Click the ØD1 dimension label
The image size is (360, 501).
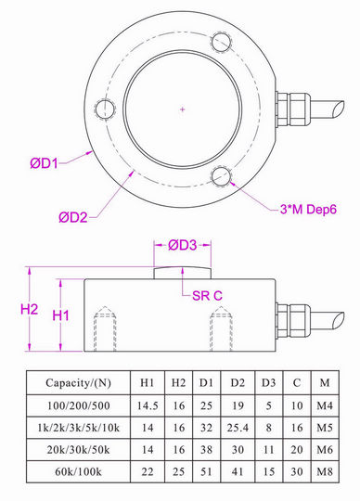point(44,162)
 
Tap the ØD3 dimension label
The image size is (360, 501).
point(183,246)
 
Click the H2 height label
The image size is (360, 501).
point(30,308)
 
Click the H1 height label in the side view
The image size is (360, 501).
point(62,315)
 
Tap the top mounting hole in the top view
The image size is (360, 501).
point(221,44)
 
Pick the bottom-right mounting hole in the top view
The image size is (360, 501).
point(221,176)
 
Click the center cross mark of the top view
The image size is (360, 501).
point(183,110)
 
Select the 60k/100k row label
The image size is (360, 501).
point(77,473)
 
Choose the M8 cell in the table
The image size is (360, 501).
point(323,473)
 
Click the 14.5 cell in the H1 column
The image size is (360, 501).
point(147,405)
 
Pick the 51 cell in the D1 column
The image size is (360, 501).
point(209,473)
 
